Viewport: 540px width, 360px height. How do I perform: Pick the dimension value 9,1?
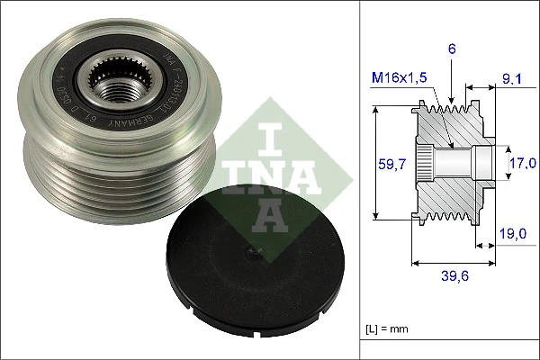tap(511, 80)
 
